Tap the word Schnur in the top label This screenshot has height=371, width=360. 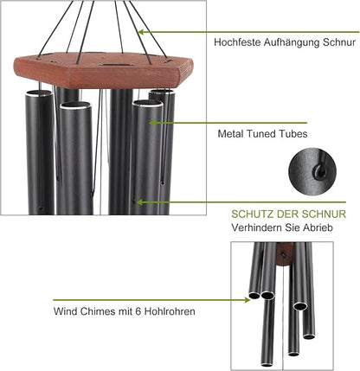pos(341,42)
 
